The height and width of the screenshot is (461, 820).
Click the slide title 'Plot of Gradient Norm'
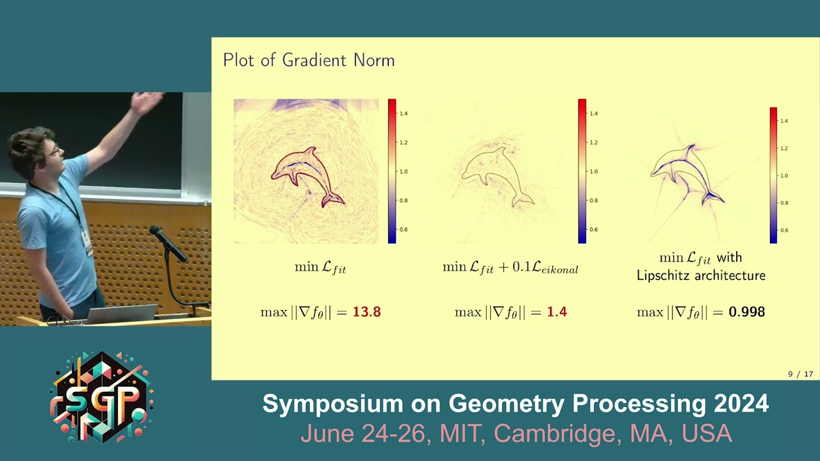pos(309,61)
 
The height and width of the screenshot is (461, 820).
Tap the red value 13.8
pos(366,312)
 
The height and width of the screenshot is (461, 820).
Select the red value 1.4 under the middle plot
pos(557,312)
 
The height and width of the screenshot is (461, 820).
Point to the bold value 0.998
pos(746,312)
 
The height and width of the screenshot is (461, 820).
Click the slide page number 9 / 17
pos(800,374)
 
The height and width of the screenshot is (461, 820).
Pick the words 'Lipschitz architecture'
pos(701,276)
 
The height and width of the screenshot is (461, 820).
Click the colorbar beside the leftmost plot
pos(392,171)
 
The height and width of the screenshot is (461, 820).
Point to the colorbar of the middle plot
pos(582,171)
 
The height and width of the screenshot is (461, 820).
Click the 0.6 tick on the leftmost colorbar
pos(404,229)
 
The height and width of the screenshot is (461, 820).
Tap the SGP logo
pos(101,397)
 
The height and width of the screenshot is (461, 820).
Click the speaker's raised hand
pos(147,101)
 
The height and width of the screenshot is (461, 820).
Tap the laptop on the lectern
pos(122,313)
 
